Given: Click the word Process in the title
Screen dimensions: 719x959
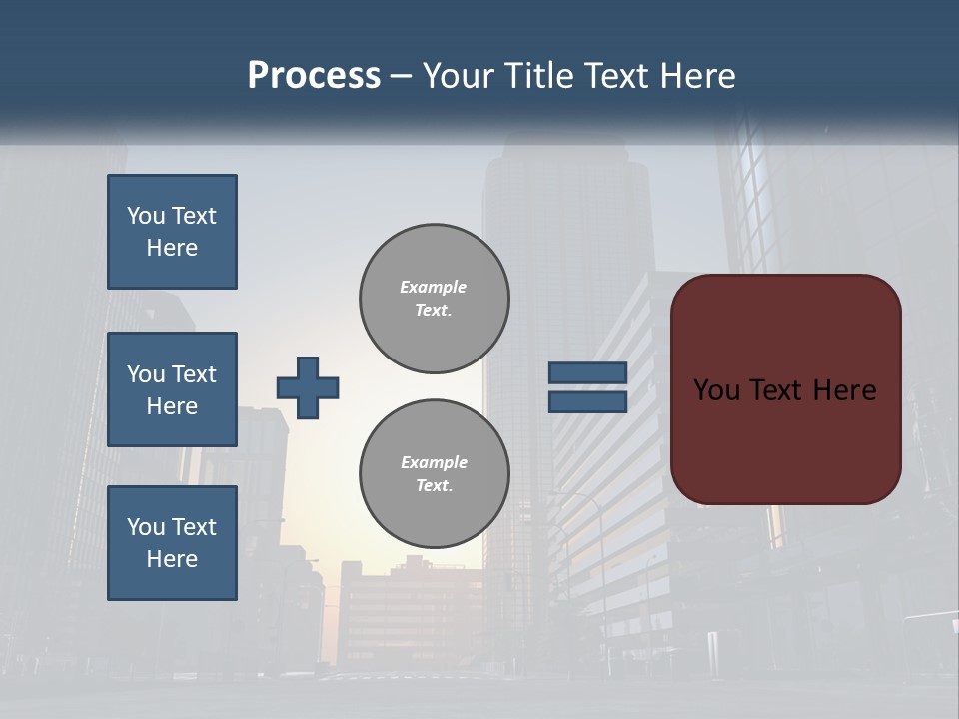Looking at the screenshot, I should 314,75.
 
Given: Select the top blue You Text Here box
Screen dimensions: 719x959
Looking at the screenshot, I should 172,232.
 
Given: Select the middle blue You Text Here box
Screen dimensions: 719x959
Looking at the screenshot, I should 172,389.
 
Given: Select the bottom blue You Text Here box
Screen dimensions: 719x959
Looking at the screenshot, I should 172,542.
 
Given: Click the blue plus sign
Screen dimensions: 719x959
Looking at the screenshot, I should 308,387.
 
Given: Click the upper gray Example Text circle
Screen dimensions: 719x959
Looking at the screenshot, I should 434,298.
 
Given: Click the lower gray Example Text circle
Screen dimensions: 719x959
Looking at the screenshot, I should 434,473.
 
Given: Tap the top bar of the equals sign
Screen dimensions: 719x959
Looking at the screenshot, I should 587,373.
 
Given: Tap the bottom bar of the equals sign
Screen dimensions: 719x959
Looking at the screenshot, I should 587,401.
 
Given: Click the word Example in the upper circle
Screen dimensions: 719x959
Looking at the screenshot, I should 433,287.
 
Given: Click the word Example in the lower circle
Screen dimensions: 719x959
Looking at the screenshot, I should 433,462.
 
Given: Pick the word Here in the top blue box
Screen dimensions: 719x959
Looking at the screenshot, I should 172,248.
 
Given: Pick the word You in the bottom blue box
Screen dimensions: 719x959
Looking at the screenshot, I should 146,527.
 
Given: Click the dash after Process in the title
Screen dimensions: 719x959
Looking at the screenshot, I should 401,77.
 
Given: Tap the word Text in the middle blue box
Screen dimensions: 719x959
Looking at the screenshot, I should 193,374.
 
